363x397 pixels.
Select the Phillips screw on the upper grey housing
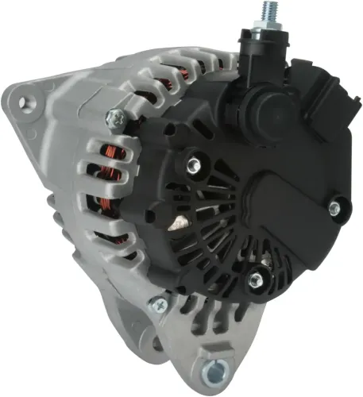pos(116,118)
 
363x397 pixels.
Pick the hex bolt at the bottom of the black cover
pos(257,279)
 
